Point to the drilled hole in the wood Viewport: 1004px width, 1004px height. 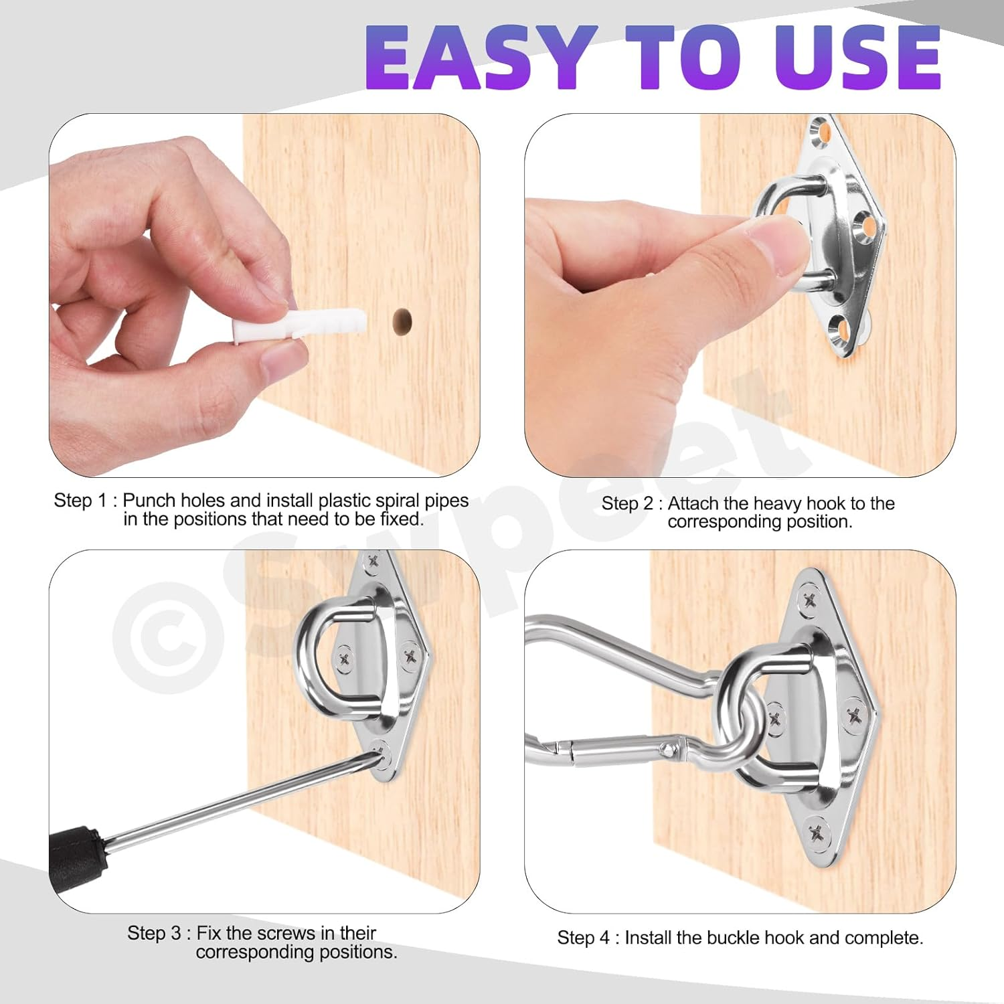[402, 321]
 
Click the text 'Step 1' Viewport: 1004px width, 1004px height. [80, 501]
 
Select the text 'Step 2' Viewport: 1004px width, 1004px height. [627, 503]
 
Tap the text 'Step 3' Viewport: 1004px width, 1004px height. [153, 933]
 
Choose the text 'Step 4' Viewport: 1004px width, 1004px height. [583, 938]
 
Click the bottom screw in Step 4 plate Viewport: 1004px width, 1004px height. [817, 832]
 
